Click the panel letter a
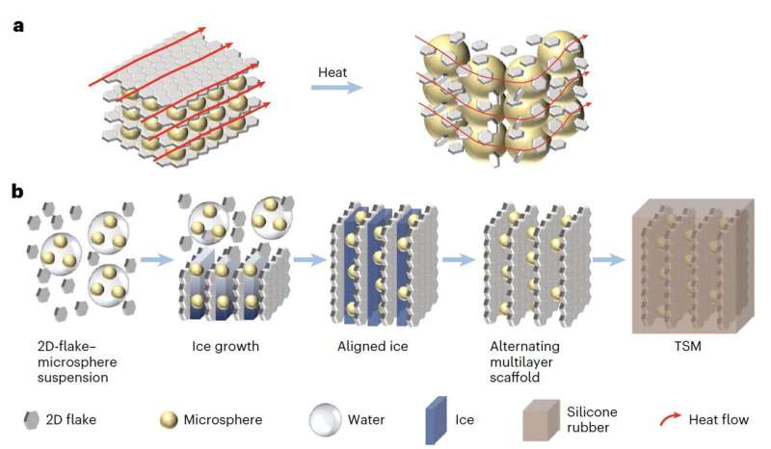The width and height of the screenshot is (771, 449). coord(17,27)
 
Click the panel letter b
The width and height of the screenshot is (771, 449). coord(18,192)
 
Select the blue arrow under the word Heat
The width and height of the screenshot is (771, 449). coord(336,89)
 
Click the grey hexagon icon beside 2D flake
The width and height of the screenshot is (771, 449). coord(31,420)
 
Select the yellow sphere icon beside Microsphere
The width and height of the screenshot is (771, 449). coord(168,420)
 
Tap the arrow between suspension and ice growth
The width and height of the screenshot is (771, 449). coord(155,260)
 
